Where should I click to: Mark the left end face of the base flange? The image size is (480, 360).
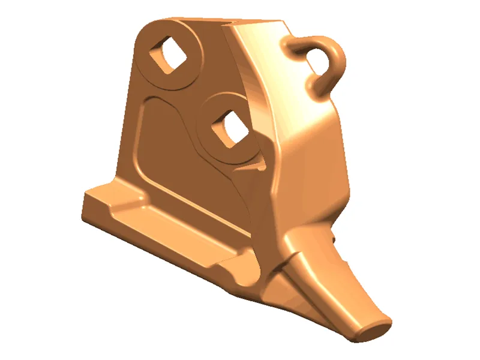[x=90, y=207]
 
